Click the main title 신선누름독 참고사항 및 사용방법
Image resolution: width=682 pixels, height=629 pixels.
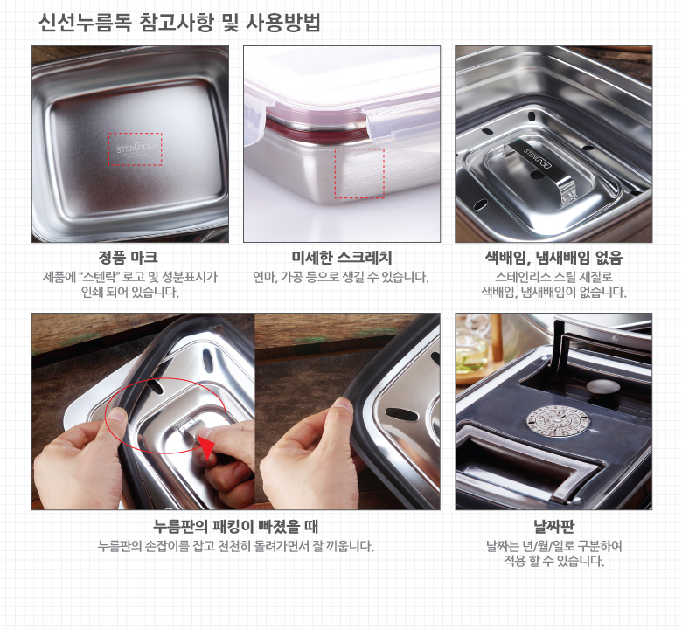[x=179, y=23]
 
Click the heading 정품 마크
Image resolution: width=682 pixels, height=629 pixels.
[x=129, y=258]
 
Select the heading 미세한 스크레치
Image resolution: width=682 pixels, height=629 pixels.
[x=342, y=258]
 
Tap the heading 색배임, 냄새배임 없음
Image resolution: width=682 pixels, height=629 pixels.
[x=553, y=258]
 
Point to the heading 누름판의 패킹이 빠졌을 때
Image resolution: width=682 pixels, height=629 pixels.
[x=236, y=527]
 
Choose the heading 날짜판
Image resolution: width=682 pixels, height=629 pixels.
[x=553, y=527]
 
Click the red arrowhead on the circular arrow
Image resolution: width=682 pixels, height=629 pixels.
[x=207, y=449]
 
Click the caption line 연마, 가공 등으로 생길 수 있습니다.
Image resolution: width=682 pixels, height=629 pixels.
[x=341, y=277]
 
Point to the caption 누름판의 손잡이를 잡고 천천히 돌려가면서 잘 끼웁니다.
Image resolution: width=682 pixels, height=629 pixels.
[x=236, y=546]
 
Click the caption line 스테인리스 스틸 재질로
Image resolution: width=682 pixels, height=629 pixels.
[x=553, y=277]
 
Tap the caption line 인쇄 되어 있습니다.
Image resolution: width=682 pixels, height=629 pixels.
[x=130, y=292]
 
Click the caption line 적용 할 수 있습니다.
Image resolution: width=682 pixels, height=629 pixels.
[x=553, y=561]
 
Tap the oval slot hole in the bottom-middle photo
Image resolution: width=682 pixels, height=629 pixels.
[x=401, y=414]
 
